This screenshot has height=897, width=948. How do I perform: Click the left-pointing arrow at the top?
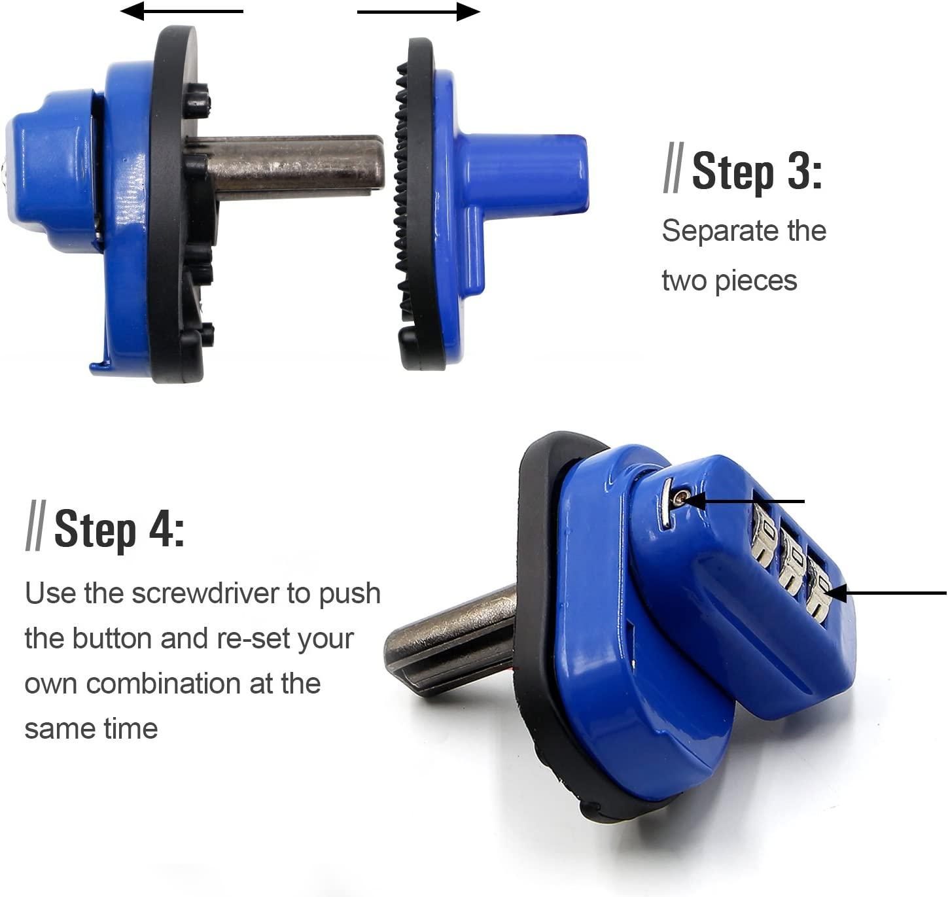(182, 11)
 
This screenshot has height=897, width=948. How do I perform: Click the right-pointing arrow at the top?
(419, 12)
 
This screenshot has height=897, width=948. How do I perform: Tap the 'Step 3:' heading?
(756, 171)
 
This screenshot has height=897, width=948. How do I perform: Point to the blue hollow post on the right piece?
(523, 173)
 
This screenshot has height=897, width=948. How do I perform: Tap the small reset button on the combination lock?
(680, 499)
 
